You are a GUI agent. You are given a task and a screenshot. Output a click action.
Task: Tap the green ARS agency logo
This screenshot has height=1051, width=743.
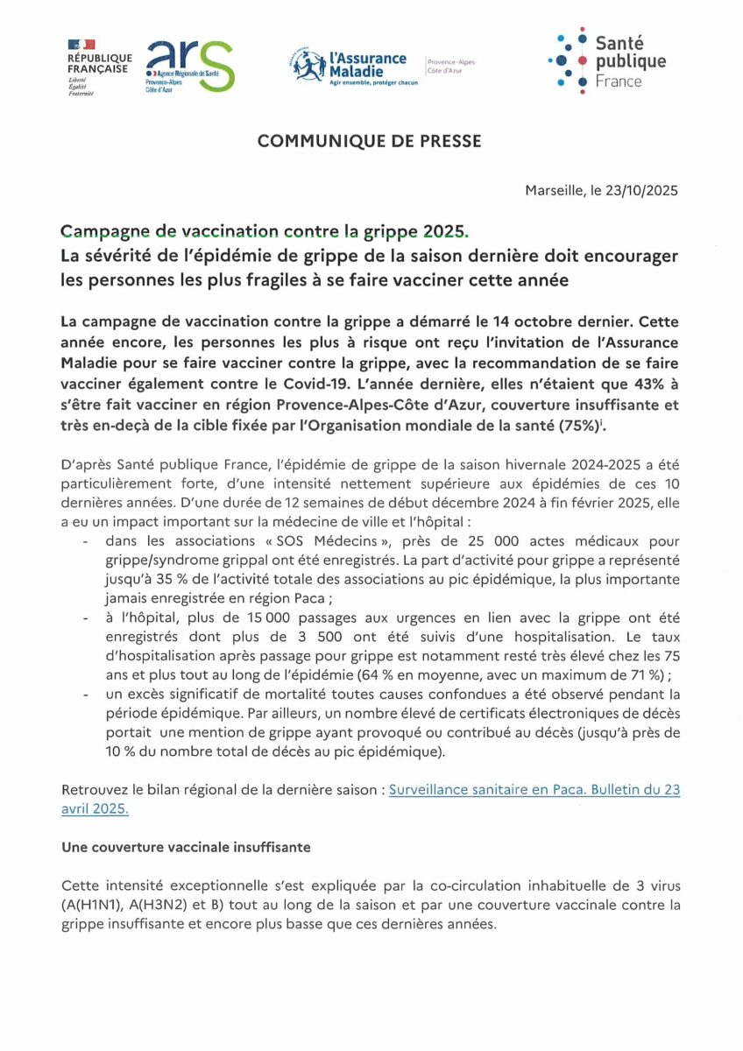(189, 67)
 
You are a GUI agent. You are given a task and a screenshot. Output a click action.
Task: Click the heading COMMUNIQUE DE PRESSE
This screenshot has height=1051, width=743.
(370, 141)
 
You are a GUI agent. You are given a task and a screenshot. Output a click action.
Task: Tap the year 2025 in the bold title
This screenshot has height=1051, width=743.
(444, 232)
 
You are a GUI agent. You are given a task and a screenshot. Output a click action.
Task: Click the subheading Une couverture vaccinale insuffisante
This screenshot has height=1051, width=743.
(186, 848)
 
